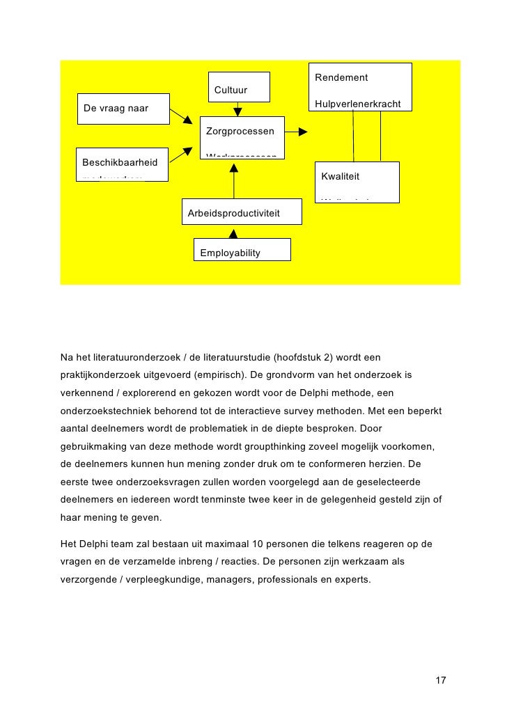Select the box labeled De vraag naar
(123, 109)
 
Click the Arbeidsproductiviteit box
(241, 212)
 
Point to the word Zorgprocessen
(240, 131)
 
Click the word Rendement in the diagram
(341, 77)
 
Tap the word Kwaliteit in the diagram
(340, 176)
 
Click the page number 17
(440, 680)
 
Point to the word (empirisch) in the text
(212, 375)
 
